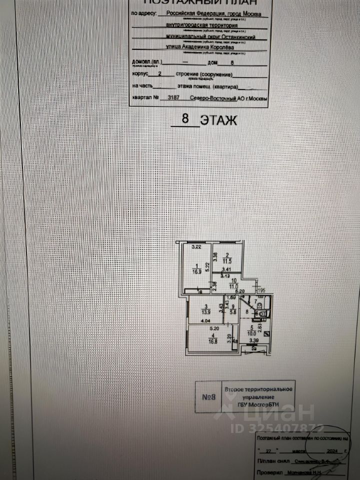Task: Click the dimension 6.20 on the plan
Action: pyautogui.click(x=239, y=290)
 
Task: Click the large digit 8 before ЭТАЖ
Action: pyautogui.click(x=185, y=120)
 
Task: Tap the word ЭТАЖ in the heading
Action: pyautogui.click(x=216, y=120)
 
